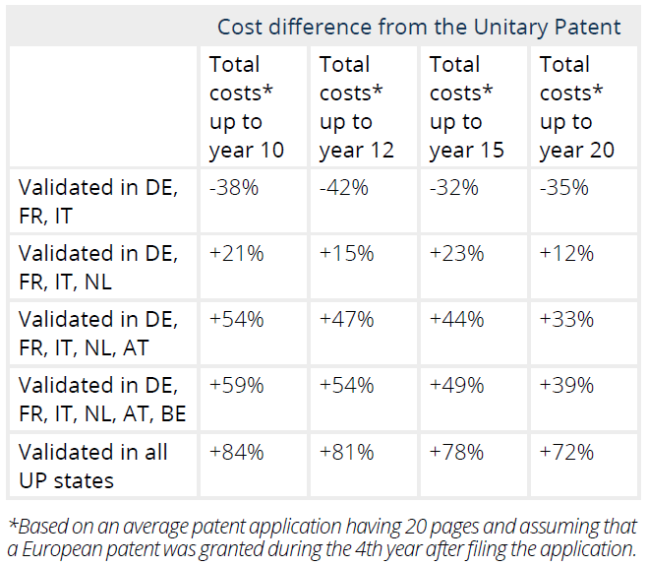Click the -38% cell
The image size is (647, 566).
pos(233,187)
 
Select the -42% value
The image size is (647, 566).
pos(343,187)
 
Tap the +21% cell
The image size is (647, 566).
pos(236,253)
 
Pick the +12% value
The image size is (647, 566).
pos(566,253)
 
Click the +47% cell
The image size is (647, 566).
pos(346,319)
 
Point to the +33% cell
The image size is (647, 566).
pos(566,319)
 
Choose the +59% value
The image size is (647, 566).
pos(236,385)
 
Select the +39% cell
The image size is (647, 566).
pos(566,385)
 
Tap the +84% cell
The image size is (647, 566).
pos(236,452)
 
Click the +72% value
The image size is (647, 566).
pos(566,452)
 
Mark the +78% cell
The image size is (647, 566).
pos(456,452)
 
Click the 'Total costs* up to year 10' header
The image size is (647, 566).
pos(246,107)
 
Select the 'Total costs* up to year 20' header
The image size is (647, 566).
pos(576,107)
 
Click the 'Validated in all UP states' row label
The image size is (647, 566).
pos(93,466)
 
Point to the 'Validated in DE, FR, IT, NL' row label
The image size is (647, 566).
pos(98,267)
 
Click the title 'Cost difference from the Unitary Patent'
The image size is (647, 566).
pos(419,27)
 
